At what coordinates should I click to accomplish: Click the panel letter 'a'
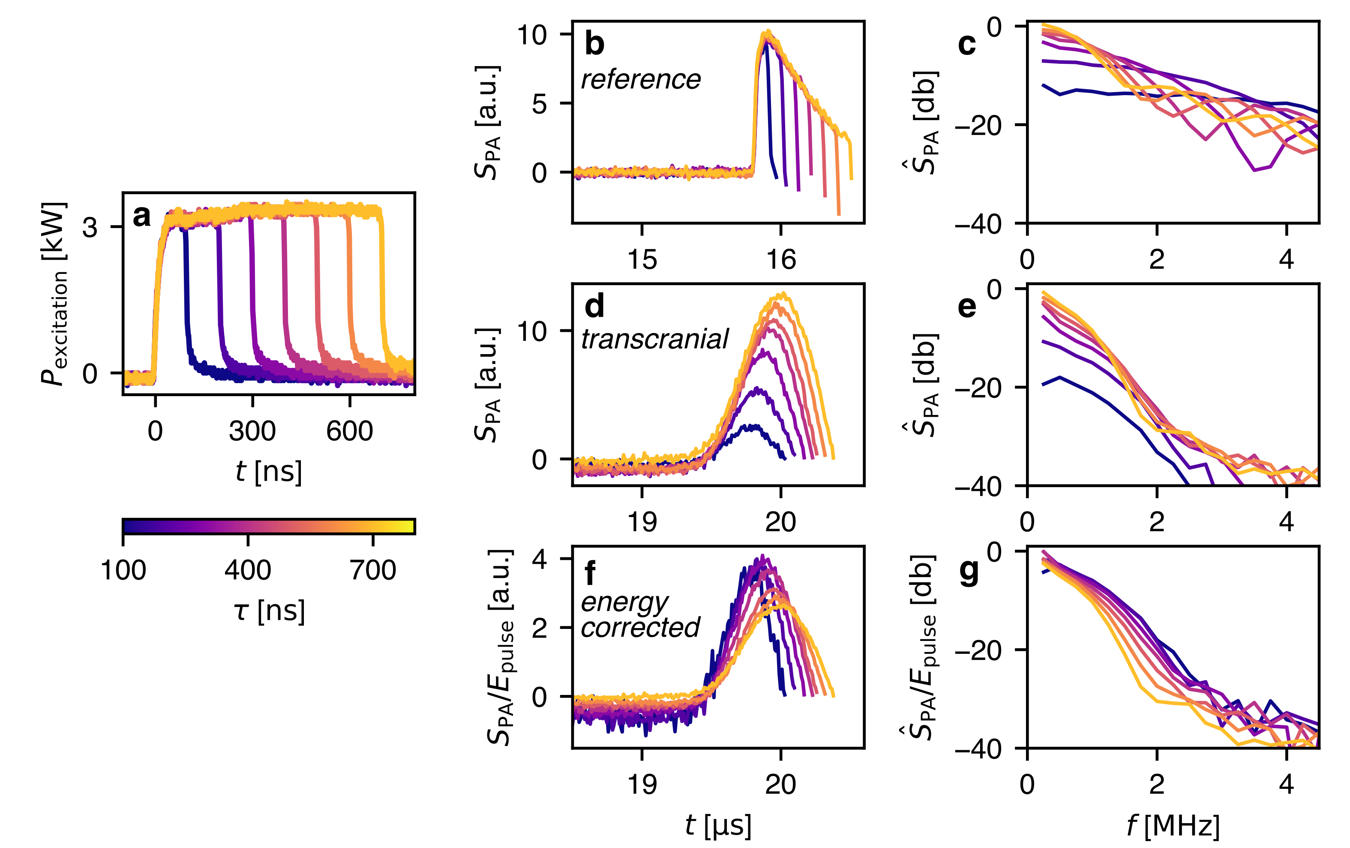(x=142, y=216)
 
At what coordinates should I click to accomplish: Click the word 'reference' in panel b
(x=641, y=80)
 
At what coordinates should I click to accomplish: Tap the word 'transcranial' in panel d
(x=654, y=339)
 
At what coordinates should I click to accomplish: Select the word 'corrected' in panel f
(x=640, y=627)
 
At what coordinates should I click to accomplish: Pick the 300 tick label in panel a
(x=252, y=431)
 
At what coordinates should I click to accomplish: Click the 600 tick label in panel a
(x=349, y=431)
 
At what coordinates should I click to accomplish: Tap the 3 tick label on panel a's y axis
(x=90, y=227)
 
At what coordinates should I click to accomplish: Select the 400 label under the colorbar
(x=248, y=570)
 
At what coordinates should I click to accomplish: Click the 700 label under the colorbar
(x=373, y=570)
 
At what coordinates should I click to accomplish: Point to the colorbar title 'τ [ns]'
(x=269, y=611)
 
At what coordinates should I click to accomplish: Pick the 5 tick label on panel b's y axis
(x=539, y=104)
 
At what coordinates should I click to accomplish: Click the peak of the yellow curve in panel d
(x=782, y=293)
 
